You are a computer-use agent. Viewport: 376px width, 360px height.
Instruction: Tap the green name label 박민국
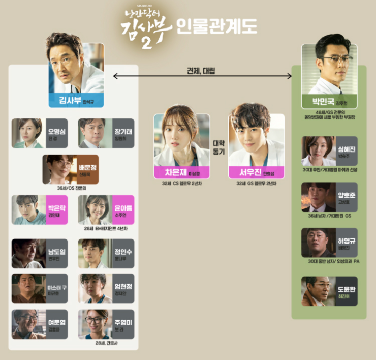coord(329,101)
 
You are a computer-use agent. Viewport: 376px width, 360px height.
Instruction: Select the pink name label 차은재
coord(182,171)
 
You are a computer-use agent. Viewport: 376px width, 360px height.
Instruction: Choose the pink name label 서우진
coord(256,171)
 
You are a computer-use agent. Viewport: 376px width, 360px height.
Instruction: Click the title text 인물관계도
coord(216,25)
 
